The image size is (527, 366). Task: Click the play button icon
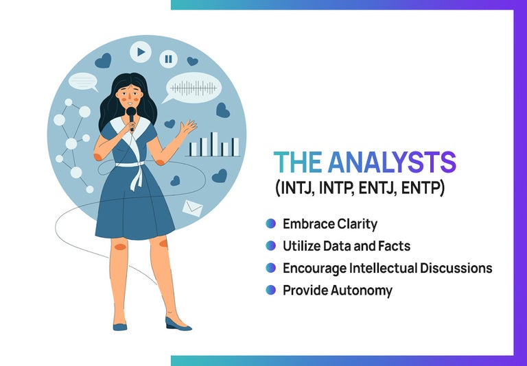(x=141, y=51)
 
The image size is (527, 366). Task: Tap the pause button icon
(x=168, y=59)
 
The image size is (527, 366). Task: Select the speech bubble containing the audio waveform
(x=193, y=88)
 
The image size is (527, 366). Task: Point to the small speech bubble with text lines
(x=83, y=81)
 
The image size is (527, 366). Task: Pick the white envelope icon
(x=193, y=208)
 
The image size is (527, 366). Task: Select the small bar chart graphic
(x=213, y=145)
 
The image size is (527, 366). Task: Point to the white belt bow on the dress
(x=137, y=172)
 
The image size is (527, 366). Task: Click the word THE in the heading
(x=298, y=162)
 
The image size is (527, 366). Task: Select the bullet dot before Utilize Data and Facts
(x=271, y=245)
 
